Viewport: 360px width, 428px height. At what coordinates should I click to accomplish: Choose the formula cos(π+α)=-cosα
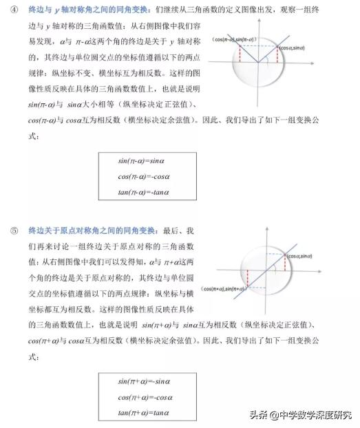pos(144,397)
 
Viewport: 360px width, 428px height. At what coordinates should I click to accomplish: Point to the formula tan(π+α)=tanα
pos(144,412)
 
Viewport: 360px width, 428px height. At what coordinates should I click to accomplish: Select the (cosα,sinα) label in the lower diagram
pos(306,255)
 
